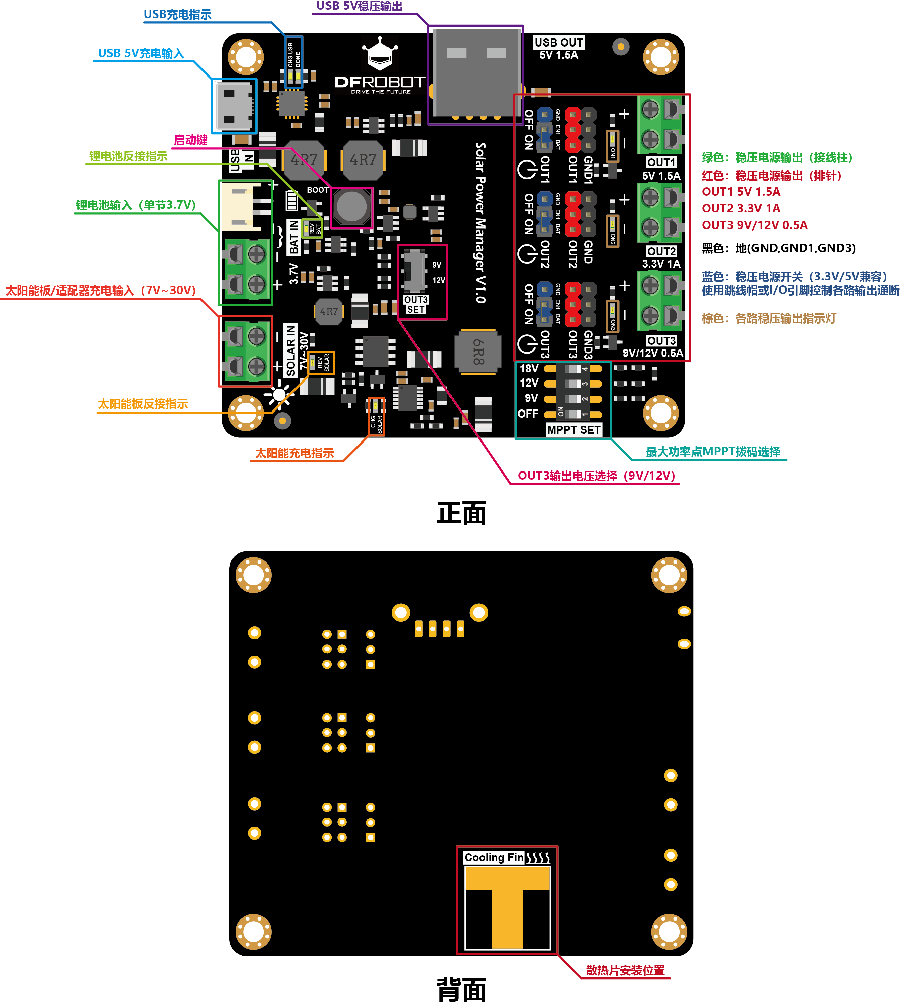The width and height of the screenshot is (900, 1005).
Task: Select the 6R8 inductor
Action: tap(478, 352)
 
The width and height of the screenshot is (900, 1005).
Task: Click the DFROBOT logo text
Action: tap(379, 82)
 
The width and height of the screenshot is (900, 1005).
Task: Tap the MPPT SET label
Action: tap(573, 430)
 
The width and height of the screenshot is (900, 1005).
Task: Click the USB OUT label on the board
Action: tap(559, 42)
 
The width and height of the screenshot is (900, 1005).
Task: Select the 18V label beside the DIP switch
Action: tap(529, 368)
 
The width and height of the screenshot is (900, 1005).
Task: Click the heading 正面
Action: tap(461, 513)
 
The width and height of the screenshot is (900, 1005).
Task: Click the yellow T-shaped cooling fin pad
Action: tap(507, 905)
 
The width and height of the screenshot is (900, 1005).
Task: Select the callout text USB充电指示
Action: tap(178, 15)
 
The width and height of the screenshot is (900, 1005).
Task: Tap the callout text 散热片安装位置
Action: tap(625, 970)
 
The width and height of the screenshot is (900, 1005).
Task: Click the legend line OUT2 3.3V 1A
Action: tap(741, 208)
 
